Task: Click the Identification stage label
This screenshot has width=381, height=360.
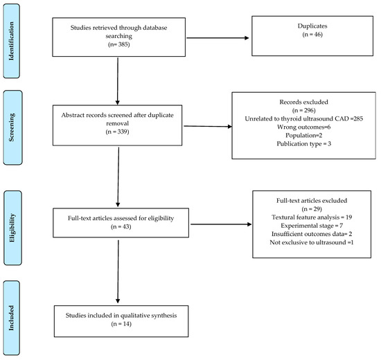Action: (x=11, y=41)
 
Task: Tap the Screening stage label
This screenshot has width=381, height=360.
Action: (x=11, y=127)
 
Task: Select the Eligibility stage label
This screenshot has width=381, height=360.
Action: (x=12, y=228)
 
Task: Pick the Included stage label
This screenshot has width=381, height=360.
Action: (x=11, y=318)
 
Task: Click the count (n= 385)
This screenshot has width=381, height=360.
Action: (x=119, y=44)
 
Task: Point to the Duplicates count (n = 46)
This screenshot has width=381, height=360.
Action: (x=312, y=35)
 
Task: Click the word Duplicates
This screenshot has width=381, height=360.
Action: (x=312, y=26)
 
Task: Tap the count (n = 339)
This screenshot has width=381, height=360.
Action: (x=117, y=132)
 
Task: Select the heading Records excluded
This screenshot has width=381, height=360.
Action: (x=303, y=102)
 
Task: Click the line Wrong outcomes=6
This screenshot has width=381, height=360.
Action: (x=303, y=127)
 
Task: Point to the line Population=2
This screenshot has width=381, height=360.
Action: (x=303, y=135)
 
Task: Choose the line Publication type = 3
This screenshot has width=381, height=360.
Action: (x=303, y=144)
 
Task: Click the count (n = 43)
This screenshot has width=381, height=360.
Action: (x=121, y=226)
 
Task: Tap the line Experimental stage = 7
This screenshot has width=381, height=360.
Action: (x=312, y=226)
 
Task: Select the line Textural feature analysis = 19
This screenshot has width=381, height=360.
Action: (x=312, y=217)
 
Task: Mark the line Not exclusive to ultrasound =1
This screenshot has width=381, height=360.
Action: (x=312, y=242)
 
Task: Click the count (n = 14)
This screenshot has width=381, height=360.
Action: (x=121, y=324)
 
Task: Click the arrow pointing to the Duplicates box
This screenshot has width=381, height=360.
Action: (x=218, y=38)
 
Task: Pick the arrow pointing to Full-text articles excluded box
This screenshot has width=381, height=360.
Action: (x=221, y=224)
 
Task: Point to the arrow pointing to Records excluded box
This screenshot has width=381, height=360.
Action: (x=208, y=126)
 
